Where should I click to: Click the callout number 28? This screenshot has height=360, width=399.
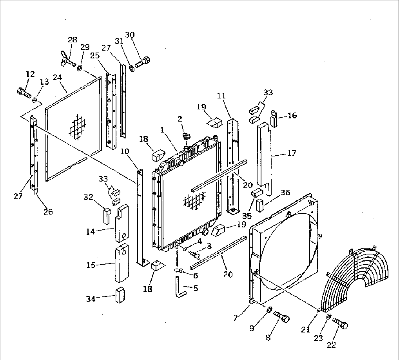point(72,40)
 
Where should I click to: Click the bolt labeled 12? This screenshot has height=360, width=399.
point(24,93)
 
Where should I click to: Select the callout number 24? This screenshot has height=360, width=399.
point(57,78)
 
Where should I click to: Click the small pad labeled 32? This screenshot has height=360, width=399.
point(107,216)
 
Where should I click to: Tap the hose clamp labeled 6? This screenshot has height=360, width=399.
point(179,271)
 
